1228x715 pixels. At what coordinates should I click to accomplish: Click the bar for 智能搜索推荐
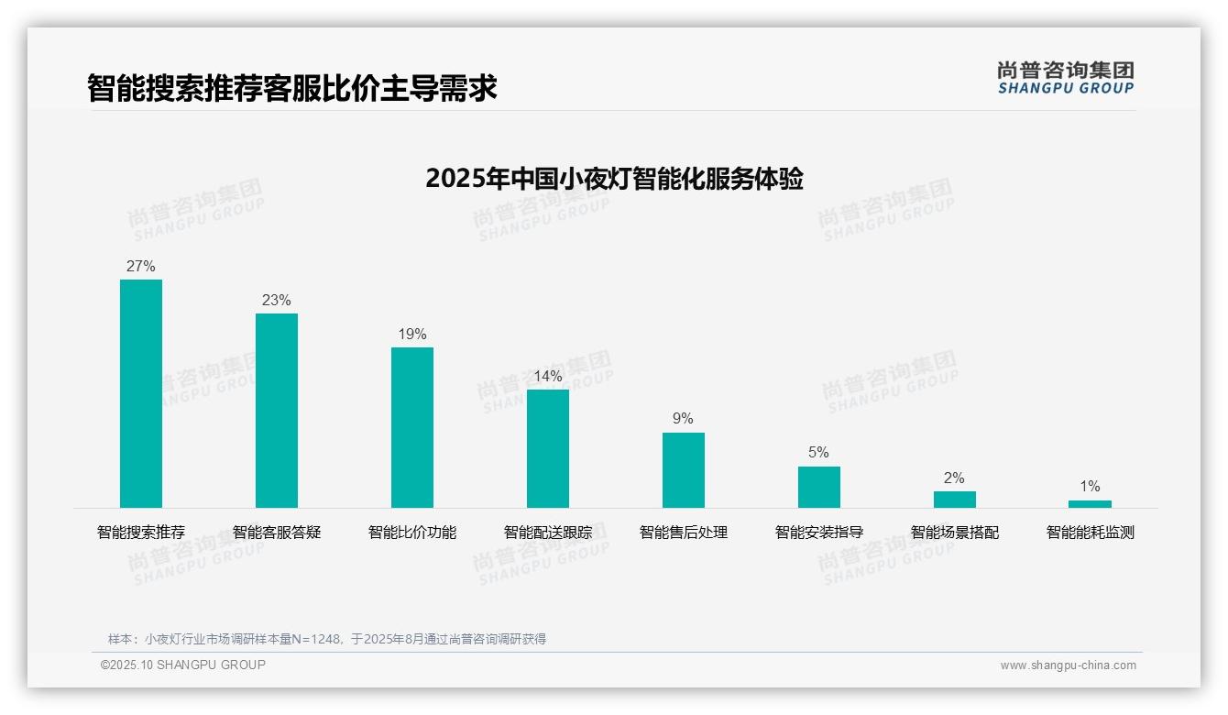point(141,393)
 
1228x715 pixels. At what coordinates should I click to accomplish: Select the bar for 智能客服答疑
point(277,411)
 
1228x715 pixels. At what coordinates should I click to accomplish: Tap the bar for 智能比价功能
point(412,427)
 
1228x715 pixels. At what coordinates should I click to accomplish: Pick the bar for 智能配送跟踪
point(548,448)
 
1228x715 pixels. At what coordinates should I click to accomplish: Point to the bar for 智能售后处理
point(684,470)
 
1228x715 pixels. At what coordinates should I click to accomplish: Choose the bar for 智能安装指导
point(819,487)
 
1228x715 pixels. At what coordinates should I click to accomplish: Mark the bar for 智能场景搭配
point(955,500)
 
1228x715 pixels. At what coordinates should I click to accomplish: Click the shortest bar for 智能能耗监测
point(1090,504)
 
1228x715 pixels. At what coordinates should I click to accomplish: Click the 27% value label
point(141,267)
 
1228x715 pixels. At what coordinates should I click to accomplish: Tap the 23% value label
point(277,301)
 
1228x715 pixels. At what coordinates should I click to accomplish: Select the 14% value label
point(548,377)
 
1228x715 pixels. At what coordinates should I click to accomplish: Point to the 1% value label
point(1090,487)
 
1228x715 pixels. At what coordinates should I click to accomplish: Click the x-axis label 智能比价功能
point(412,533)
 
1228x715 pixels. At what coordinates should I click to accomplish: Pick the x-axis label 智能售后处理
point(684,533)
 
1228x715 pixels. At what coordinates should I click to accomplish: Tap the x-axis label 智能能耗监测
point(1090,533)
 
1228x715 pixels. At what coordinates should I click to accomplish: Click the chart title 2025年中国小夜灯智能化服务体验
point(614,179)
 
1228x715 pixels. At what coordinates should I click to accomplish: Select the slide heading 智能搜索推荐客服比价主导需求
point(292,89)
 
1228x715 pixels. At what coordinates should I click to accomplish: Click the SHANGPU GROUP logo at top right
point(1065,78)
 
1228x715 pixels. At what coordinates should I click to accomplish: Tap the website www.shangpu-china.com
point(1068,665)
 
